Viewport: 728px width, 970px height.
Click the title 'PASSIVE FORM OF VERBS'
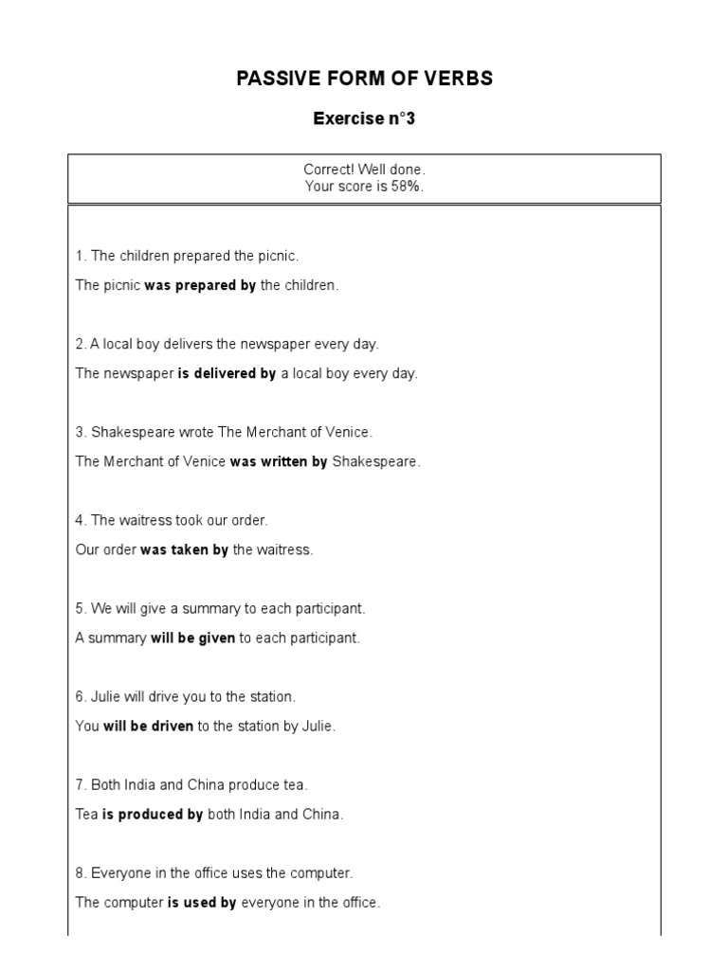coord(364,79)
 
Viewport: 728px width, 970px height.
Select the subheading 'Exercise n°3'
coord(364,119)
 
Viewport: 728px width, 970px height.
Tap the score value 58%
coord(407,187)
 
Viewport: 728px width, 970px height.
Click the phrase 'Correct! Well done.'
coord(364,170)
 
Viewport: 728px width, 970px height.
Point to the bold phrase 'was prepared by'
coord(200,285)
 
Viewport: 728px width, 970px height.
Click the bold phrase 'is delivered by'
coord(227,373)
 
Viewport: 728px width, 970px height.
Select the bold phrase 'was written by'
coord(279,461)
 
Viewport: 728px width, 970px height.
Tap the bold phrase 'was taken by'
coord(184,549)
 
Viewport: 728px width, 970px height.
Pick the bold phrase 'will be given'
coord(192,638)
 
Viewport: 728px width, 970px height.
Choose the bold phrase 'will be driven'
coord(148,726)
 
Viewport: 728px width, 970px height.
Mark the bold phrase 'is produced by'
coord(153,814)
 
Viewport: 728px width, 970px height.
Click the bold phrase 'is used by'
coord(202,902)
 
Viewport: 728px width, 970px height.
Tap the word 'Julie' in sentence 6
coord(107,696)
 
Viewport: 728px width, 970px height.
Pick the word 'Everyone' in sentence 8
coord(119,872)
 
